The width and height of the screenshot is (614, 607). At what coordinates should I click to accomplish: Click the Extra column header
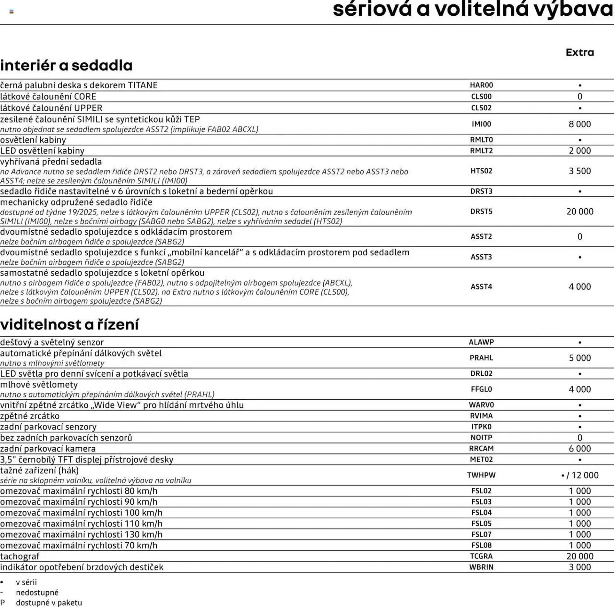(579, 52)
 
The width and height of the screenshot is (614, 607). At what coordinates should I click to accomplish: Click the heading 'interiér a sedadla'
(66, 66)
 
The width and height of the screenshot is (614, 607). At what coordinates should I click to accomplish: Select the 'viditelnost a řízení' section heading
(69, 324)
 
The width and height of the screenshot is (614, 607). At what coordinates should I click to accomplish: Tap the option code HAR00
(481, 85)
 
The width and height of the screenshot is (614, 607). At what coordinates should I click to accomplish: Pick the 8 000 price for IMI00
(579, 124)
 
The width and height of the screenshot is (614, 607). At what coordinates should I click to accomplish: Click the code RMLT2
(481, 151)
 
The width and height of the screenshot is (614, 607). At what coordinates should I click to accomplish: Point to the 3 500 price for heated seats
(579, 171)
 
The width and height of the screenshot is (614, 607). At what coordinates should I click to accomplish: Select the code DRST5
(481, 212)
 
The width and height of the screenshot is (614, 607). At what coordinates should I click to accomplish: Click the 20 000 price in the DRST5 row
(579, 212)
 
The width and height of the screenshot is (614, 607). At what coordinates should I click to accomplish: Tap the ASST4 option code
(481, 287)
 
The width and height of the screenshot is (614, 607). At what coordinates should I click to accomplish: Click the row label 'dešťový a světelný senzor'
(52, 342)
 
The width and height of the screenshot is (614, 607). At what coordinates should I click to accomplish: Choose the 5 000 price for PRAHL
(579, 358)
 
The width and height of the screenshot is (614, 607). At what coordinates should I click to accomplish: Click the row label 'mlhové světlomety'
(39, 385)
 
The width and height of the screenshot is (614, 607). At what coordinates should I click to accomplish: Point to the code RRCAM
(481, 449)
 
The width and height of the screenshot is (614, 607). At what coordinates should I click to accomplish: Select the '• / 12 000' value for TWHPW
(579, 475)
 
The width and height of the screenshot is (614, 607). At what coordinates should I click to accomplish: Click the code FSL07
(481, 534)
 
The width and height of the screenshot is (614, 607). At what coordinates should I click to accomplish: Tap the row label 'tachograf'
(20, 556)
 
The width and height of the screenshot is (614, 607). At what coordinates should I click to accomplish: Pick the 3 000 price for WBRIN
(579, 567)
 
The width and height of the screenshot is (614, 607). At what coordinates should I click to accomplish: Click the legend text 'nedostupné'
(37, 592)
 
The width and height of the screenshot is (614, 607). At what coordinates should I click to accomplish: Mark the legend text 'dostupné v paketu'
(49, 603)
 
